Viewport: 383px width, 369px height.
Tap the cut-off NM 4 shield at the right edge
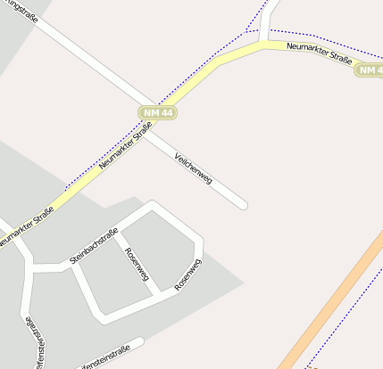[x=369, y=70]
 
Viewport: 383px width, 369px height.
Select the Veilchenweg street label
[x=194, y=167]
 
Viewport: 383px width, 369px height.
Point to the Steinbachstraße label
[x=94, y=247]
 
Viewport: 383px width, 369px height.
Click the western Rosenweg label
[x=137, y=264]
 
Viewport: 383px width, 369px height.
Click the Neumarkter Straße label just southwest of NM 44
[x=126, y=145]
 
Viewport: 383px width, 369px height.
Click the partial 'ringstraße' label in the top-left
[x=23, y=12]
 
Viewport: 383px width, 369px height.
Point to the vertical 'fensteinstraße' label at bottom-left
[x=33, y=342]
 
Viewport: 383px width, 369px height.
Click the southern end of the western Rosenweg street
[x=157, y=293]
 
